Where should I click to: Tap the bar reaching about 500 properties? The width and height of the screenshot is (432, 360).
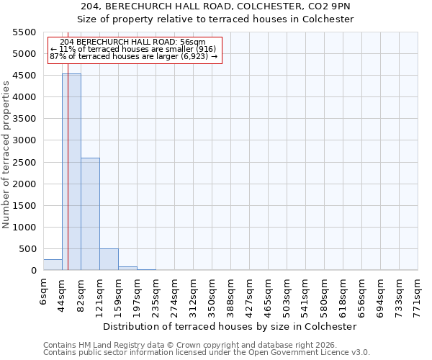tap(109, 259)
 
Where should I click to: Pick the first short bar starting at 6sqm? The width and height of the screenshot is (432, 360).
tap(53, 264)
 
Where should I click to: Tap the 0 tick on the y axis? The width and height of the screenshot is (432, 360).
tap(33, 271)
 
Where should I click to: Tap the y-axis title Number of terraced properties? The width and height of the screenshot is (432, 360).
tap(6, 155)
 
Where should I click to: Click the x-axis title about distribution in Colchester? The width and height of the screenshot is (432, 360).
tap(230, 326)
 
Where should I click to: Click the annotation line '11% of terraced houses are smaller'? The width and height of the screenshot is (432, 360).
tap(134, 49)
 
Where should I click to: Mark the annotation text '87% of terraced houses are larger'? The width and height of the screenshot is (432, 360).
tap(134, 57)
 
